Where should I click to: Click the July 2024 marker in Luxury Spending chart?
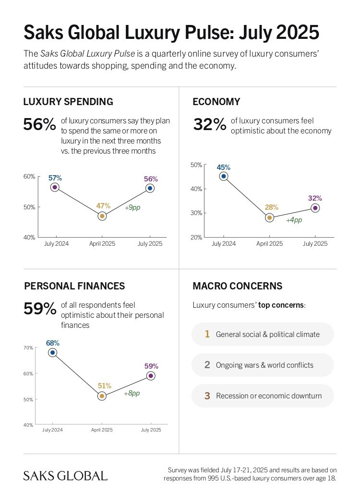55,187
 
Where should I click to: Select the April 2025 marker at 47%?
102,216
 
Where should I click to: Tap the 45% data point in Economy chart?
223,176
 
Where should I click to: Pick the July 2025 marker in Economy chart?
315,208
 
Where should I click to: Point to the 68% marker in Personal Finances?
53,353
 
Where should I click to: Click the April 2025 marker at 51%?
102,396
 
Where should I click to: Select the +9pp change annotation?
132,208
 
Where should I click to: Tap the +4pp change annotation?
294,220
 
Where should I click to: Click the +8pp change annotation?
132,393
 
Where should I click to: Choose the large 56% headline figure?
40,124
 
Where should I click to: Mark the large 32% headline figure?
209,124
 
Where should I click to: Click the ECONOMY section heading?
216,102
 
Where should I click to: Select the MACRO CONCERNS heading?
237,286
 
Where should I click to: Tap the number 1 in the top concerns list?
207,334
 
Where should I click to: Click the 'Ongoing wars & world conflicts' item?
264,365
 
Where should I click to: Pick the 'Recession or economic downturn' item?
269,396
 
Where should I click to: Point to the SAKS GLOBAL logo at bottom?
65,476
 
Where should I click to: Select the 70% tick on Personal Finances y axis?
28,348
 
